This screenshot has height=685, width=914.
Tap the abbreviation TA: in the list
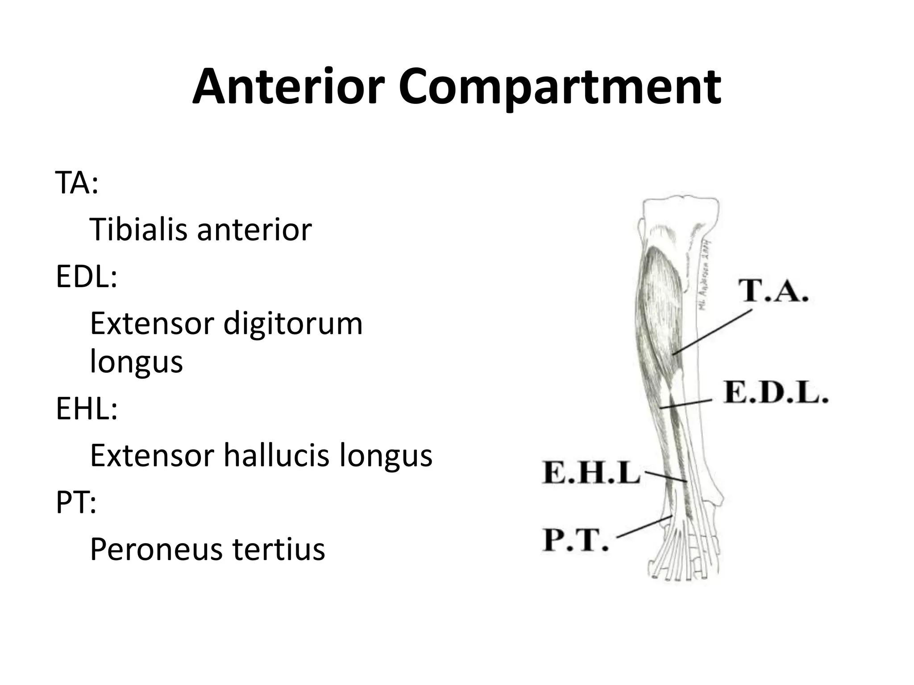(76, 182)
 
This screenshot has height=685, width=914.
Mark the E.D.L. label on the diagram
(776, 392)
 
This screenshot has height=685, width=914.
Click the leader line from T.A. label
(712, 332)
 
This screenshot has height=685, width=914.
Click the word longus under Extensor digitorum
(136, 361)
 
